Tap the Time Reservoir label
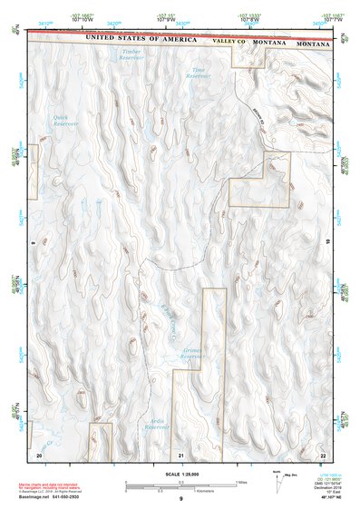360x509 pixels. pyautogui.click(x=199, y=73)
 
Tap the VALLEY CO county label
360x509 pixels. pyautogui.click(x=229, y=42)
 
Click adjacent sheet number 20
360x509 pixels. pyautogui.click(x=38, y=453)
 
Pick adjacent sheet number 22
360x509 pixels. pyautogui.click(x=323, y=453)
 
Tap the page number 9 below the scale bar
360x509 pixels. pyautogui.click(x=180, y=499)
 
